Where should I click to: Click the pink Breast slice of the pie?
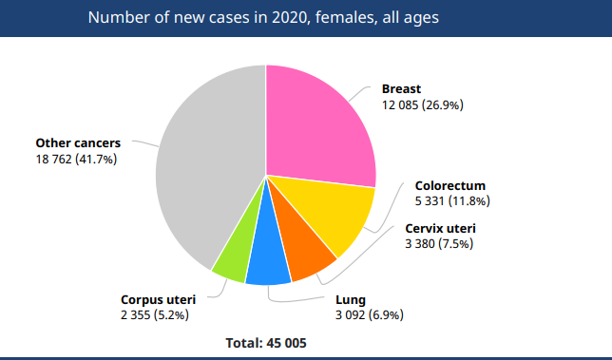pos(318,123)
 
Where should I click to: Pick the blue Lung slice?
pos(268,267)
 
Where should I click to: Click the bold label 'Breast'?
pos(401,89)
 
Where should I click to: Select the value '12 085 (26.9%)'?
pos(422,105)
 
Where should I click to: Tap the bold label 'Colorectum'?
pos(450,185)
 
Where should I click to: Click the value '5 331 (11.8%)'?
pos(452,200)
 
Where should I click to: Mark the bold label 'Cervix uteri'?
pos(441,229)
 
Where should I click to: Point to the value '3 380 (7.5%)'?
pos(439,244)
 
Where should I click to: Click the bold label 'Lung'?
pos(351,298)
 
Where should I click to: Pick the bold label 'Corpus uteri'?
pos(158,298)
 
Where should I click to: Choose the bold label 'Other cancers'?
pos(78,143)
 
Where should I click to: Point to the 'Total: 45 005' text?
pos(266,342)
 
